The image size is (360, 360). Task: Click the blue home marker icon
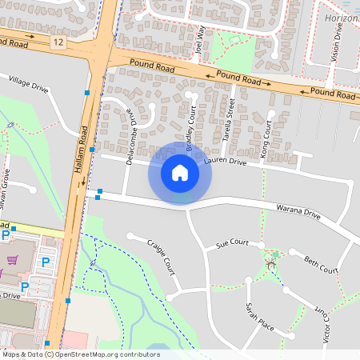pyautogui.click(x=180, y=172)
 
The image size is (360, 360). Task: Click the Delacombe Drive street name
pyautogui.click(x=132, y=137)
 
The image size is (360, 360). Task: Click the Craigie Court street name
pyautogui.click(x=162, y=254)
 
